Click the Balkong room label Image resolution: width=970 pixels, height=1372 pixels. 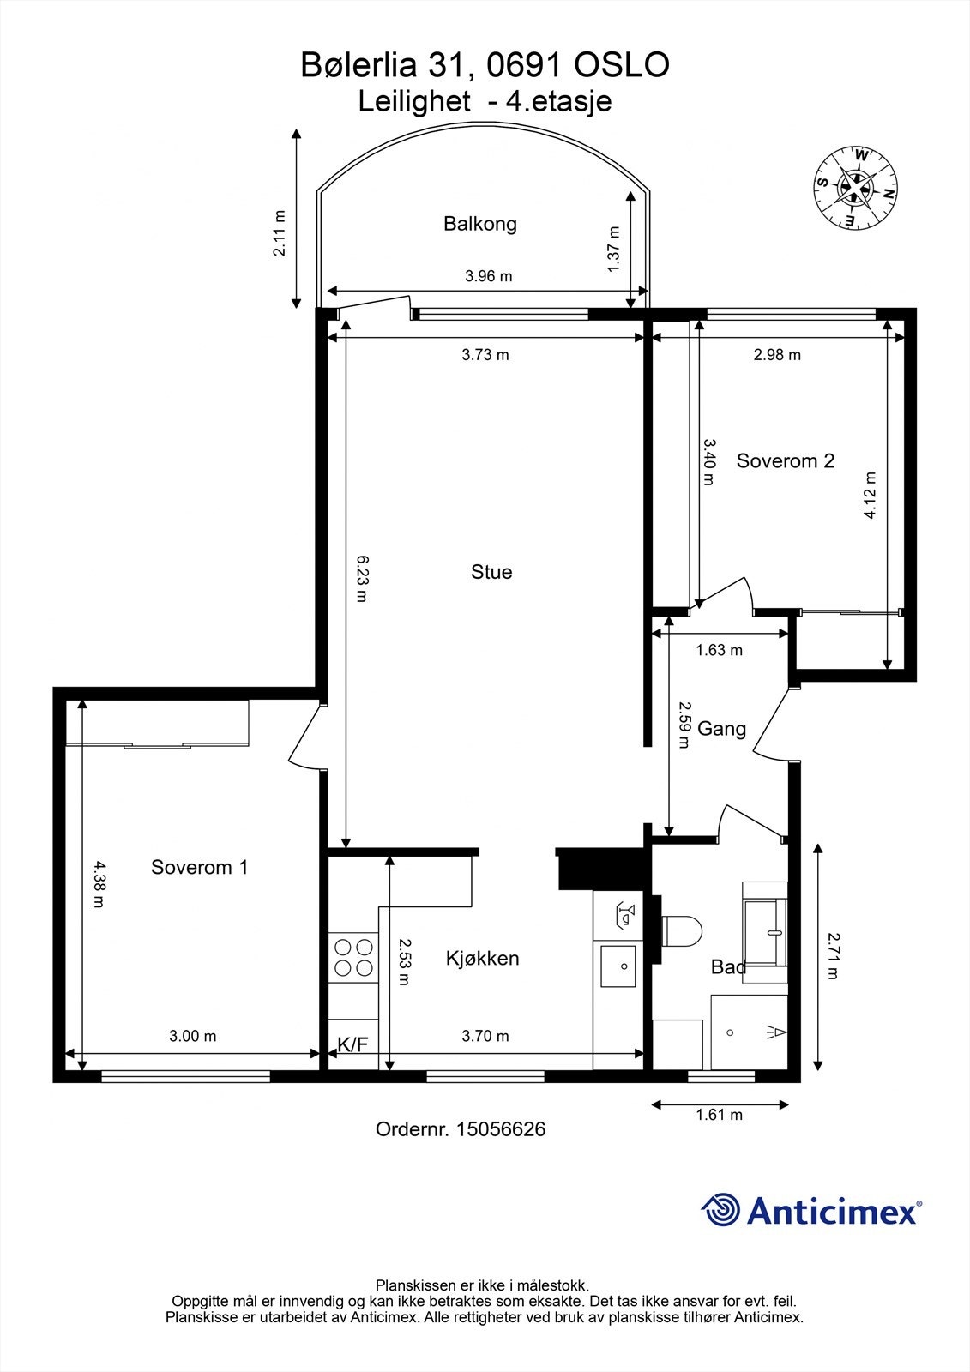point(479,224)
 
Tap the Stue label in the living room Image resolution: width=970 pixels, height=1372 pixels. point(491,572)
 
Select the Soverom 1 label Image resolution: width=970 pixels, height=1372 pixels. point(199,867)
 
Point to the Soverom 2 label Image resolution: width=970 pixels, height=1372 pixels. point(785,460)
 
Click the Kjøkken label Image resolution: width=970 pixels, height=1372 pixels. point(482,958)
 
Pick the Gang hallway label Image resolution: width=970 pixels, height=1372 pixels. point(722,729)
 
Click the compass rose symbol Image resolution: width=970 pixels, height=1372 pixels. point(855,188)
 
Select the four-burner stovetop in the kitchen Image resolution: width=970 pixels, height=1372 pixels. point(353,957)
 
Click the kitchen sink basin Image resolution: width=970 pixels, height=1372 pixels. point(618,966)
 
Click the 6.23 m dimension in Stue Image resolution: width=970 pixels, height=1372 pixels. point(362,578)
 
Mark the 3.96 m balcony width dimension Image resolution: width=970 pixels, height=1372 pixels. point(488,276)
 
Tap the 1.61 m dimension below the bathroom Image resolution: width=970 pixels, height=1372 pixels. point(720,1115)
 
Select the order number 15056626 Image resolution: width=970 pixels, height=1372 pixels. point(500,1128)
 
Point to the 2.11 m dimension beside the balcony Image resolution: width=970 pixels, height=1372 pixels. point(280,232)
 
